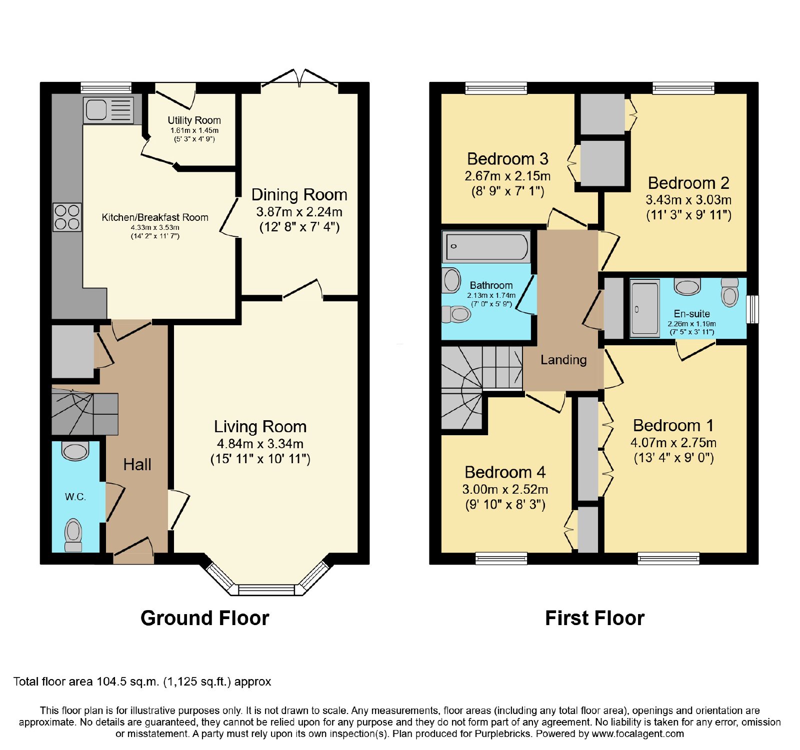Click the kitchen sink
pyautogui.click(x=109, y=109)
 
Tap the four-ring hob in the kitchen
pyautogui.click(x=67, y=217)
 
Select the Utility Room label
pyautogui.click(x=194, y=120)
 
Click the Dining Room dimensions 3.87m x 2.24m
pyautogui.click(x=299, y=211)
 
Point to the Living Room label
pyautogui.click(x=260, y=427)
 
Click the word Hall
pyautogui.click(x=137, y=465)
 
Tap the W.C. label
pyautogui.click(x=75, y=497)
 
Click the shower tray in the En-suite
pyautogui.click(x=645, y=308)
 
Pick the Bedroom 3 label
pyautogui.click(x=507, y=159)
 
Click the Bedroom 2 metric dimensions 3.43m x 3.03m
pyautogui.click(x=688, y=200)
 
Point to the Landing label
pyautogui.click(x=563, y=360)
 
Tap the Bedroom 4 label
pyautogui.click(x=505, y=472)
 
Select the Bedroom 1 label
pyautogui.click(x=673, y=426)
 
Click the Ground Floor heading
pyautogui.click(x=205, y=618)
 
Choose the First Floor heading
pyautogui.click(x=594, y=618)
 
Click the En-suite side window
pyautogui.click(x=752, y=309)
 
